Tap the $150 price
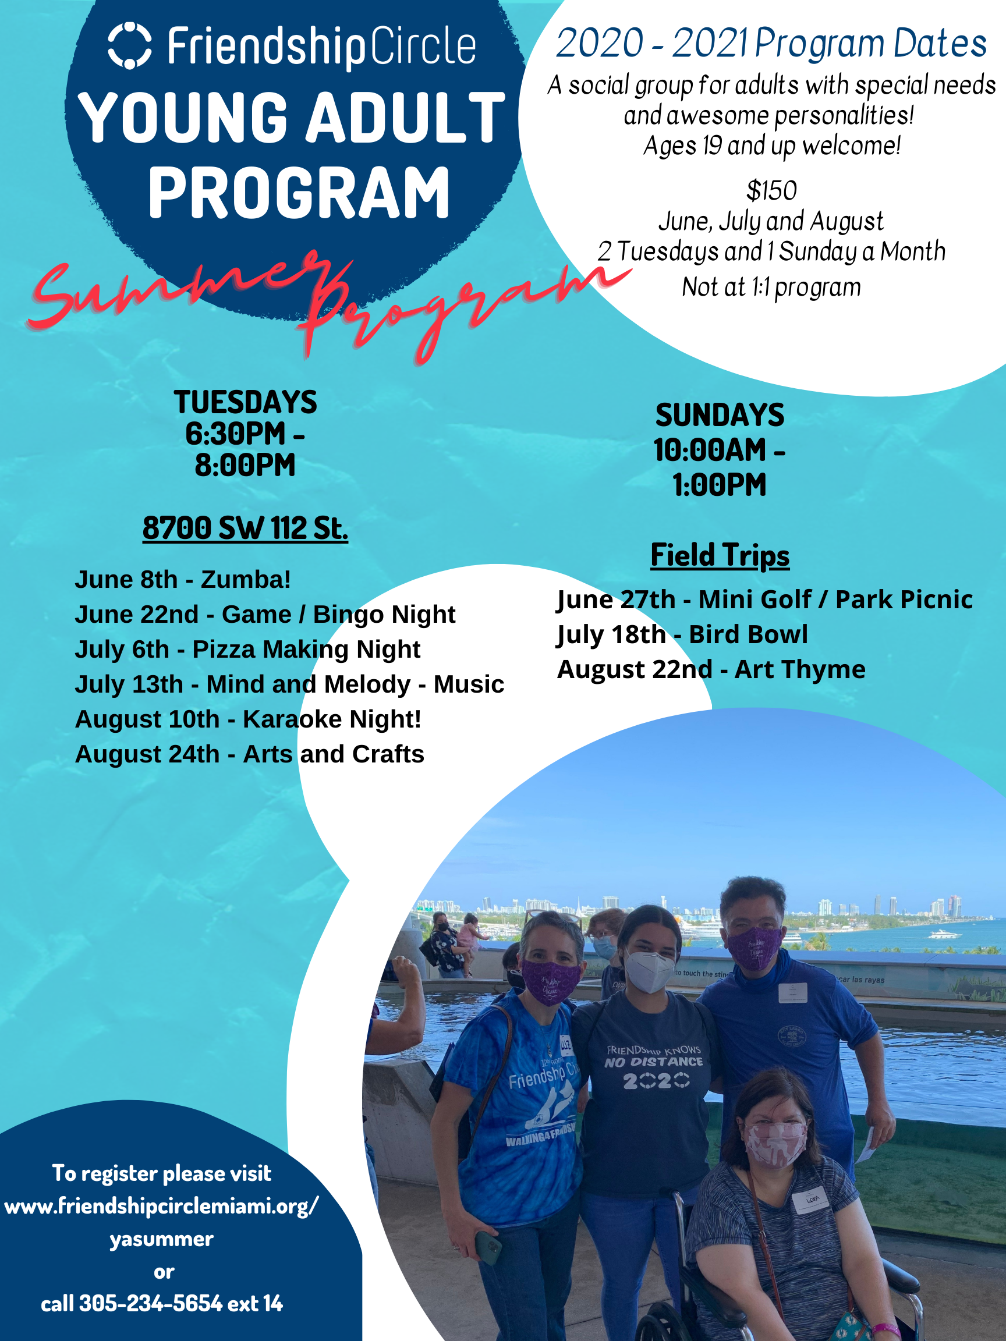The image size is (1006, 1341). (x=771, y=191)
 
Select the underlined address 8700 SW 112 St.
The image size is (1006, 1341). (x=245, y=528)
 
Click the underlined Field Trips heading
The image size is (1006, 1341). (x=720, y=555)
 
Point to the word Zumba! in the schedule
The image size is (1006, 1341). (x=246, y=580)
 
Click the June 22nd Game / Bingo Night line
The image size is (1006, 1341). (x=265, y=615)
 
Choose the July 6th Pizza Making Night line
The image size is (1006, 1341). (x=247, y=650)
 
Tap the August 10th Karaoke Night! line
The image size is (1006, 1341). (x=248, y=719)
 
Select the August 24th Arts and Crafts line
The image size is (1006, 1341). (x=249, y=755)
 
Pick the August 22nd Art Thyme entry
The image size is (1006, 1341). (x=711, y=670)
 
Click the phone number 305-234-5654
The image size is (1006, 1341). (x=150, y=1303)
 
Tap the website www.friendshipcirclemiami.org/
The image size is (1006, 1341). (x=161, y=1206)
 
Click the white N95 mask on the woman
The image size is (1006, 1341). (x=650, y=970)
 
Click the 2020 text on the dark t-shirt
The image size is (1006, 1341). (x=656, y=1080)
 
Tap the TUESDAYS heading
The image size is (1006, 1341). (x=245, y=402)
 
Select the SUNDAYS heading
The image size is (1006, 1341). (x=720, y=415)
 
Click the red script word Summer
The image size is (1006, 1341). (x=176, y=290)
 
